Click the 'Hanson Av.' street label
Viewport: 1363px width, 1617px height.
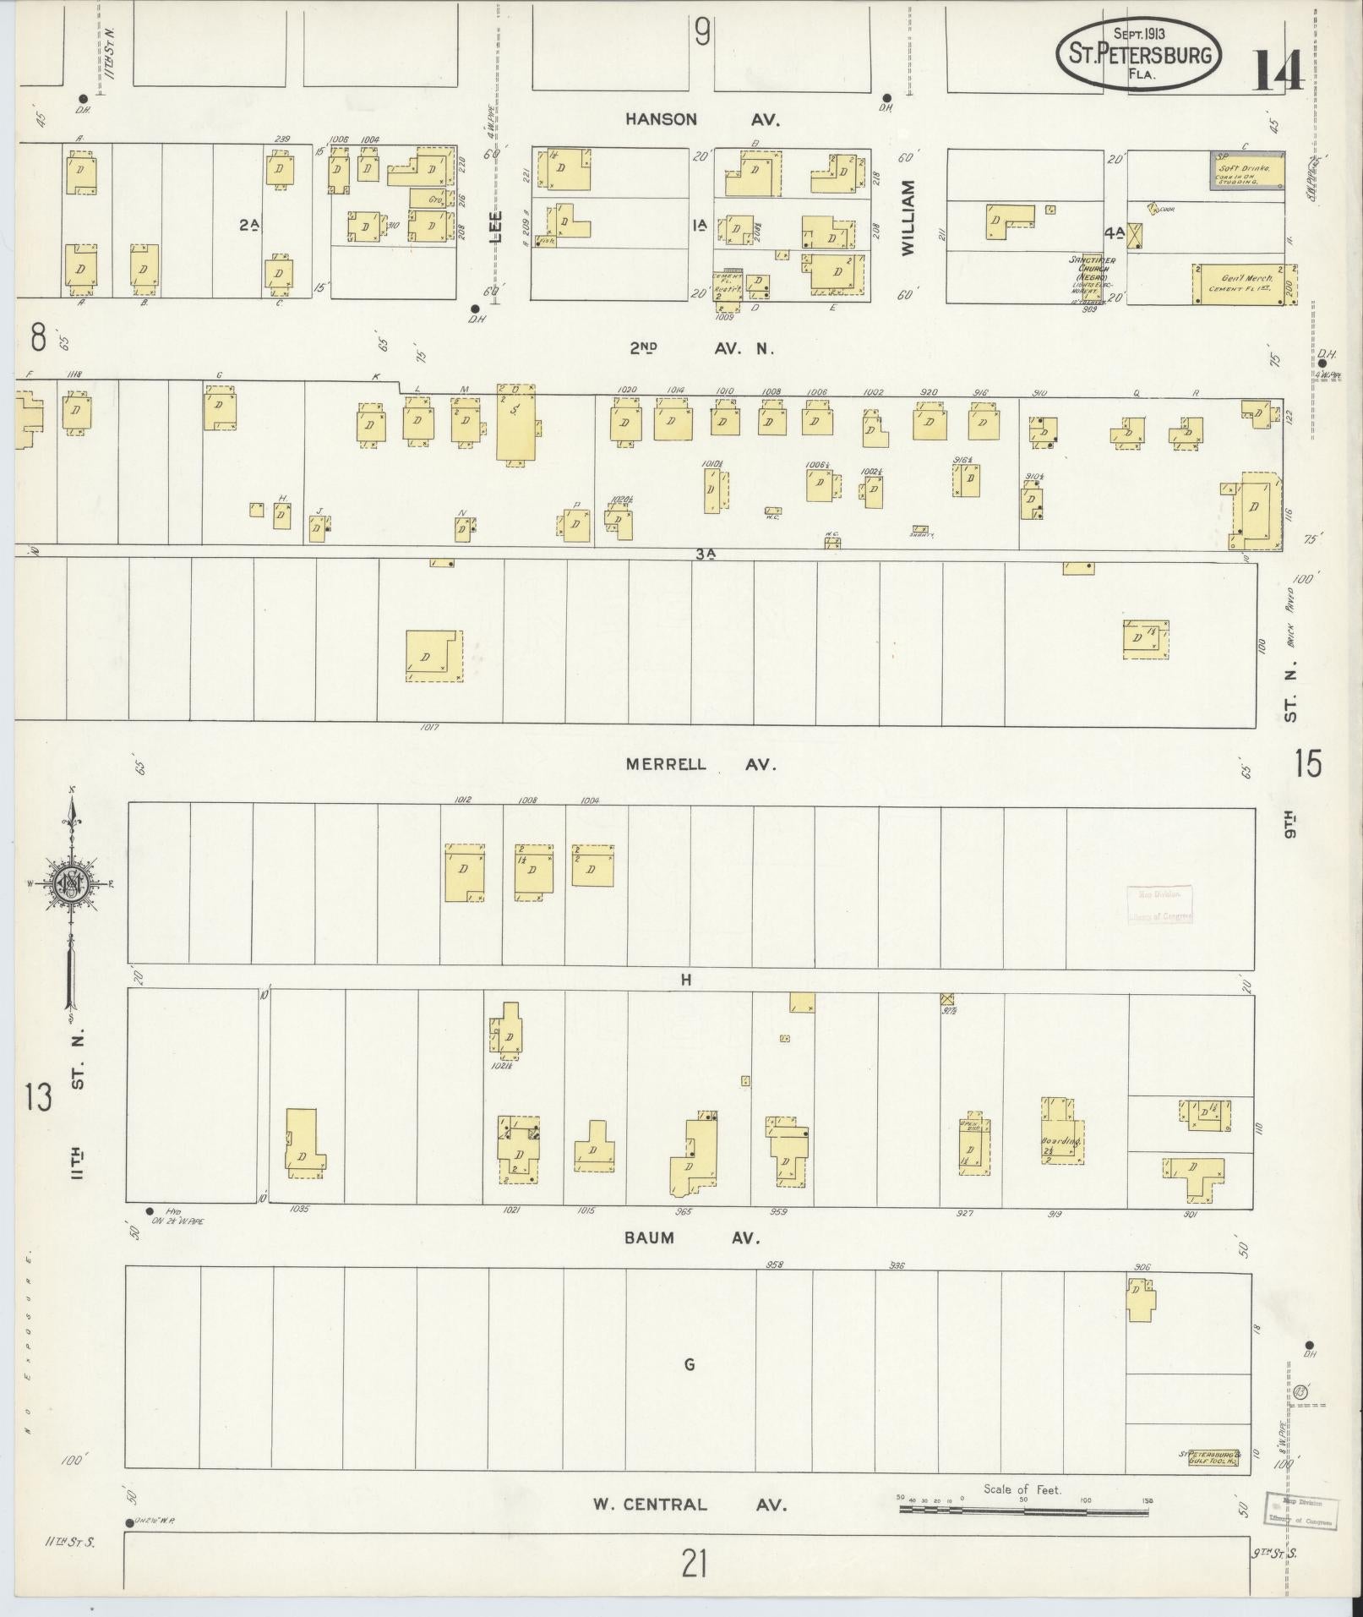pos(702,119)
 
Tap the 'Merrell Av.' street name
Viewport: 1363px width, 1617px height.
pos(701,764)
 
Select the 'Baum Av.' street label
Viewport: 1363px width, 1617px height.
pos(690,1237)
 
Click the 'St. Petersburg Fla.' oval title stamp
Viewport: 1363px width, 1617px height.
pos(1138,55)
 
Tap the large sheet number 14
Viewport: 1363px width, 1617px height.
pos(1277,71)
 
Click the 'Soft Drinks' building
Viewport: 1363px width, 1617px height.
pos(1246,172)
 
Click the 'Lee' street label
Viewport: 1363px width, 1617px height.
pos(497,227)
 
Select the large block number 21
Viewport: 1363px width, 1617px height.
pos(695,1565)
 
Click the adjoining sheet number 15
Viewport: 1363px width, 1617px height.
pos(1307,763)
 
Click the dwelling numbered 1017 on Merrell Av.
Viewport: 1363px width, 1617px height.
pos(433,656)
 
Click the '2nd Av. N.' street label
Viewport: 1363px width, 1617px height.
pos(701,347)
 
